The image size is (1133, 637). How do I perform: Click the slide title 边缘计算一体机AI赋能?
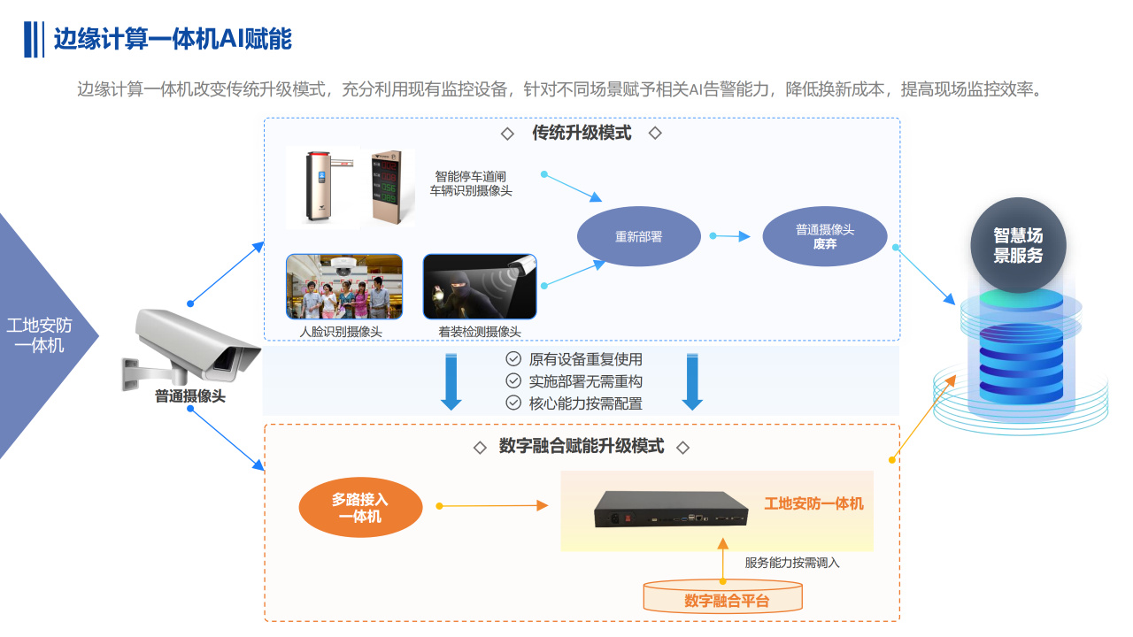click(173, 40)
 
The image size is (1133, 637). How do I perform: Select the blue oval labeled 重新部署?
click(638, 237)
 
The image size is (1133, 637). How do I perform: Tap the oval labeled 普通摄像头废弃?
click(824, 236)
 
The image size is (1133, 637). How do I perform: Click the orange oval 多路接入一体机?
click(360, 508)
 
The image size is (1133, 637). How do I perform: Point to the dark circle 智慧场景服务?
click(1018, 245)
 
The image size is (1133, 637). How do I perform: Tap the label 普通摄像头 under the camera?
click(190, 397)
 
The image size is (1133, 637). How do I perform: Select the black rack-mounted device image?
click(670, 510)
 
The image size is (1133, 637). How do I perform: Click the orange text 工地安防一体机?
click(813, 504)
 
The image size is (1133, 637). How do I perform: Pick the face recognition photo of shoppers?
click(344, 287)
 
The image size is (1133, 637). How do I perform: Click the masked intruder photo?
click(480, 287)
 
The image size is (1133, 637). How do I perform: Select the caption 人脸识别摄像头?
click(341, 332)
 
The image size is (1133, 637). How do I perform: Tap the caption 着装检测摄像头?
click(480, 332)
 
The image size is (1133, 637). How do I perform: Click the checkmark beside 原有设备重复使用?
click(513, 359)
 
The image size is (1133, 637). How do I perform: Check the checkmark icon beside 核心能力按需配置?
click(513, 403)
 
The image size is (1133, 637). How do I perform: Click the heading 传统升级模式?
click(582, 133)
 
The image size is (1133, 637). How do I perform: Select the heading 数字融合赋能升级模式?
click(581, 447)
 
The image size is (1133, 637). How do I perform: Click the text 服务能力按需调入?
click(791, 563)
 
